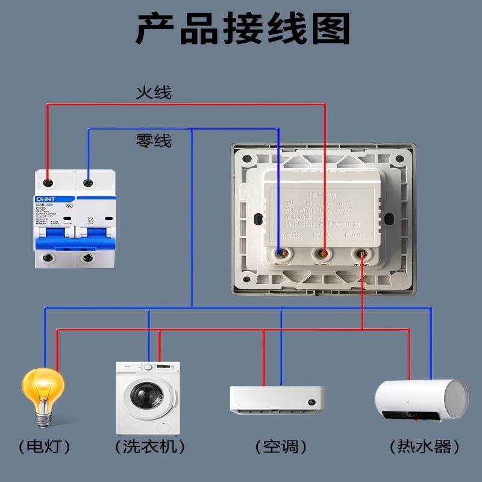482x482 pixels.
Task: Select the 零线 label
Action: point(154,141)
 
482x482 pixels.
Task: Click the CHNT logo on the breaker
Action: point(46,198)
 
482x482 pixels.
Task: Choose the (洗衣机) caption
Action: point(149,447)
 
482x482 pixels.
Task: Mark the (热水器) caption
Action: point(424,447)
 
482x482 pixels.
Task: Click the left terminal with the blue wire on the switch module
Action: point(280,255)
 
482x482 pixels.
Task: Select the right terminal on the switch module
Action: point(363,255)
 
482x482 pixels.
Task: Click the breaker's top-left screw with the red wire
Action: point(47,180)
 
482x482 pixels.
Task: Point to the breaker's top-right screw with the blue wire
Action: point(89,180)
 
